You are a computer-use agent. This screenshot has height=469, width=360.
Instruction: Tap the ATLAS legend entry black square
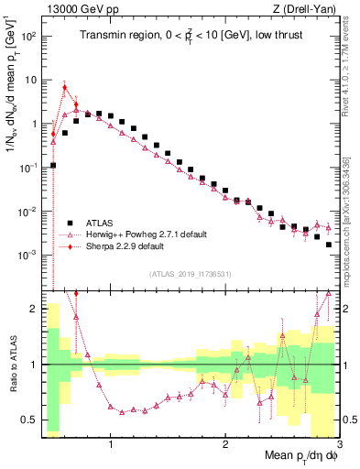pyautogui.click(x=70, y=223)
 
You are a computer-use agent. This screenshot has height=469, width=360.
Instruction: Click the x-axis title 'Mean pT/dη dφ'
pyautogui.click(x=300, y=455)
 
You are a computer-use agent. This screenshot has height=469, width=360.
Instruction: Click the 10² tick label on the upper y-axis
pyautogui.click(x=29, y=36)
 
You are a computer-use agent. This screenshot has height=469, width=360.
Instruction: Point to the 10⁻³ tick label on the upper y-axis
pyautogui.click(x=29, y=255)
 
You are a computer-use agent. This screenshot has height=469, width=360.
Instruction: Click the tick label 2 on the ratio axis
pyautogui.click(x=34, y=309)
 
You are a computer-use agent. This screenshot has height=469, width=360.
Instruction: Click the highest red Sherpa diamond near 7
pyautogui.click(x=64, y=87)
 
